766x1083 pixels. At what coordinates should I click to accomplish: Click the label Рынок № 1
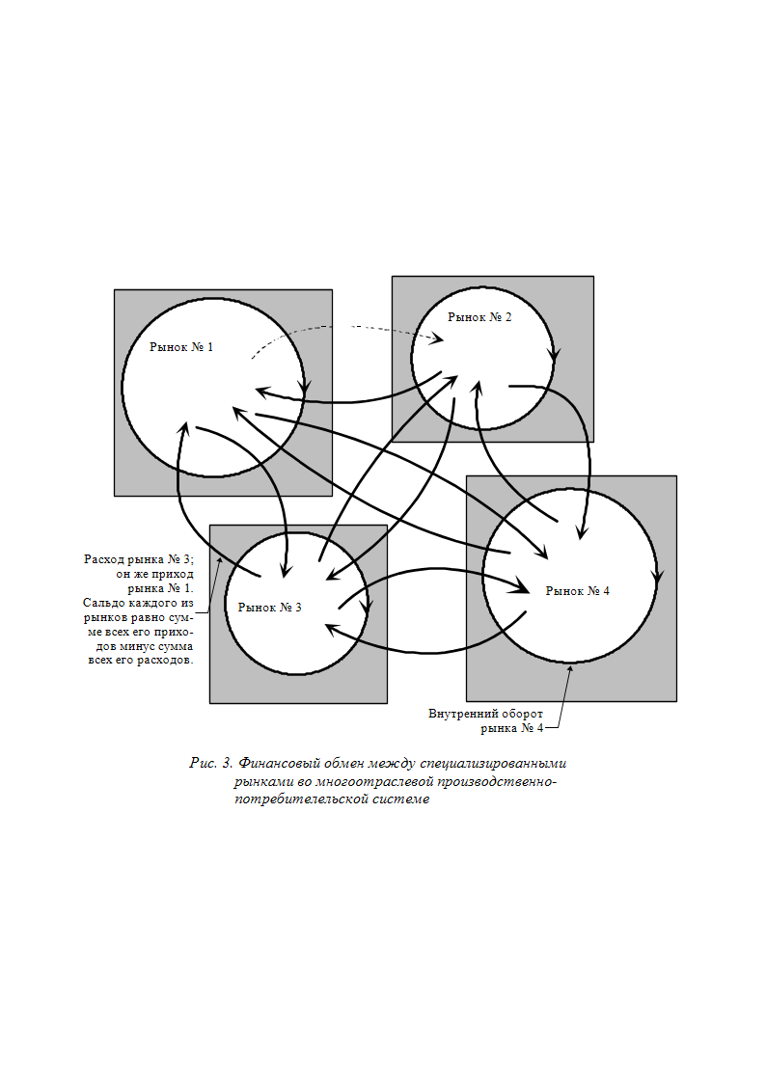pyautogui.click(x=181, y=347)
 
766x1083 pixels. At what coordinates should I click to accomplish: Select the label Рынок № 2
pyautogui.click(x=479, y=317)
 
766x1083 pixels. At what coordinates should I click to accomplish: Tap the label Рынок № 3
pyautogui.click(x=269, y=608)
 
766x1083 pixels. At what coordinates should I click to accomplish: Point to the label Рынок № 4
pyautogui.click(x=578, y=590)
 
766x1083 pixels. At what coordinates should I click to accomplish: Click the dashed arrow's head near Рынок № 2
pyautogui.click(x=437, y=338)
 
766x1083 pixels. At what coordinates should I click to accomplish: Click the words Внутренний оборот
pyautogui.click(x=485, y=714)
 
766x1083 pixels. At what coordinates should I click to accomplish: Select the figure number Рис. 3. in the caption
pyautogui.click(x=211, y=763)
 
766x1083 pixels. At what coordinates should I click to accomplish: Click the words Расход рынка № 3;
pyautogui.click(x=139, y=559)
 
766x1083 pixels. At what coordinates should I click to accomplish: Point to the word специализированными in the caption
pyautogui.click(x=493, y=764)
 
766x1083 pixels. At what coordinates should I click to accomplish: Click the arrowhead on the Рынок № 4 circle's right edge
pyautogui.click(x=658, y=578)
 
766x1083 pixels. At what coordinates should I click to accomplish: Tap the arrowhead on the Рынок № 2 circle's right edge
pyautogui.click(x=554, y=354)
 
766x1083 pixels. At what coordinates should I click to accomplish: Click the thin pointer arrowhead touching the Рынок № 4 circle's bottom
pyautogui.click(x=570, y=667)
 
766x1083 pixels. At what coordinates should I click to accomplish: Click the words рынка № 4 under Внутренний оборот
pyautogui.click(x=512, y=728)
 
